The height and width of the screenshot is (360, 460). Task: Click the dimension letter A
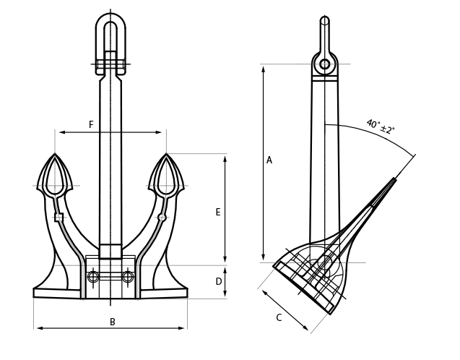(269, 160)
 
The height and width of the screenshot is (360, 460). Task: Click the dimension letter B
(113, 322)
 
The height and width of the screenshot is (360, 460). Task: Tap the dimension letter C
(279, 317)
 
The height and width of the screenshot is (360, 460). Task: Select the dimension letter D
(219, 282)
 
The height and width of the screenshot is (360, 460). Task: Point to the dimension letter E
(217, 212)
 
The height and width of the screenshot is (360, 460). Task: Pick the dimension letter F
(91, 124)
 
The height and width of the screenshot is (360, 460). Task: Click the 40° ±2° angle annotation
(381, 126)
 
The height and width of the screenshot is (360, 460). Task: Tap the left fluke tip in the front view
(55, 153)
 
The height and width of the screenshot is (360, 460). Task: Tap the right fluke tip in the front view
(166, 153)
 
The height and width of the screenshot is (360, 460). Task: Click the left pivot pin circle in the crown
(93, 277)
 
